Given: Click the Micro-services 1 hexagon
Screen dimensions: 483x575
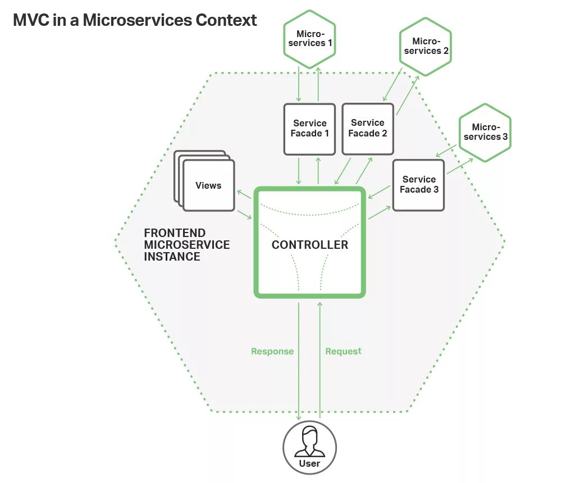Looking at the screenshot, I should [x=309, y=38].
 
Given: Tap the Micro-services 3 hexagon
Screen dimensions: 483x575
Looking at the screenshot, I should [x=485, y=132].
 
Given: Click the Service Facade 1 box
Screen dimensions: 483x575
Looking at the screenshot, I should [x=309, y=129].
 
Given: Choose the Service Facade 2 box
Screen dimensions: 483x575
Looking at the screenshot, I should [x=368, y=128].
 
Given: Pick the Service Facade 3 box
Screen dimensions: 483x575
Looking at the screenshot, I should [x=419, y=185].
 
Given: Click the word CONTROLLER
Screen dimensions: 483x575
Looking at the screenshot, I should [x=310, y=245].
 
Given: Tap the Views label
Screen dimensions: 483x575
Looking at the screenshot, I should [x=208, y=185].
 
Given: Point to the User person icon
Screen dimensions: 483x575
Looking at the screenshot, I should [x=309, y=441].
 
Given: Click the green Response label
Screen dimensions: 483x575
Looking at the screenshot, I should [x=272, y=352].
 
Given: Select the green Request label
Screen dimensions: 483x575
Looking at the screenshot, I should [x=343, y=352].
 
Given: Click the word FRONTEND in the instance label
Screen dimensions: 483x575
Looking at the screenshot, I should [x=175, y=233].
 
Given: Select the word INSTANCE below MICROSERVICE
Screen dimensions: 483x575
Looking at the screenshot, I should [x=172, y=257].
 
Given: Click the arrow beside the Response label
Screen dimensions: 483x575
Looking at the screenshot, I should [x=299, y=359].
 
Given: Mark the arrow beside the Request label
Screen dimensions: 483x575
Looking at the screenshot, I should [x=320, y=359].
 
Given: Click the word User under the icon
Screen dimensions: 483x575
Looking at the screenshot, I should [x=309, y=463].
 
